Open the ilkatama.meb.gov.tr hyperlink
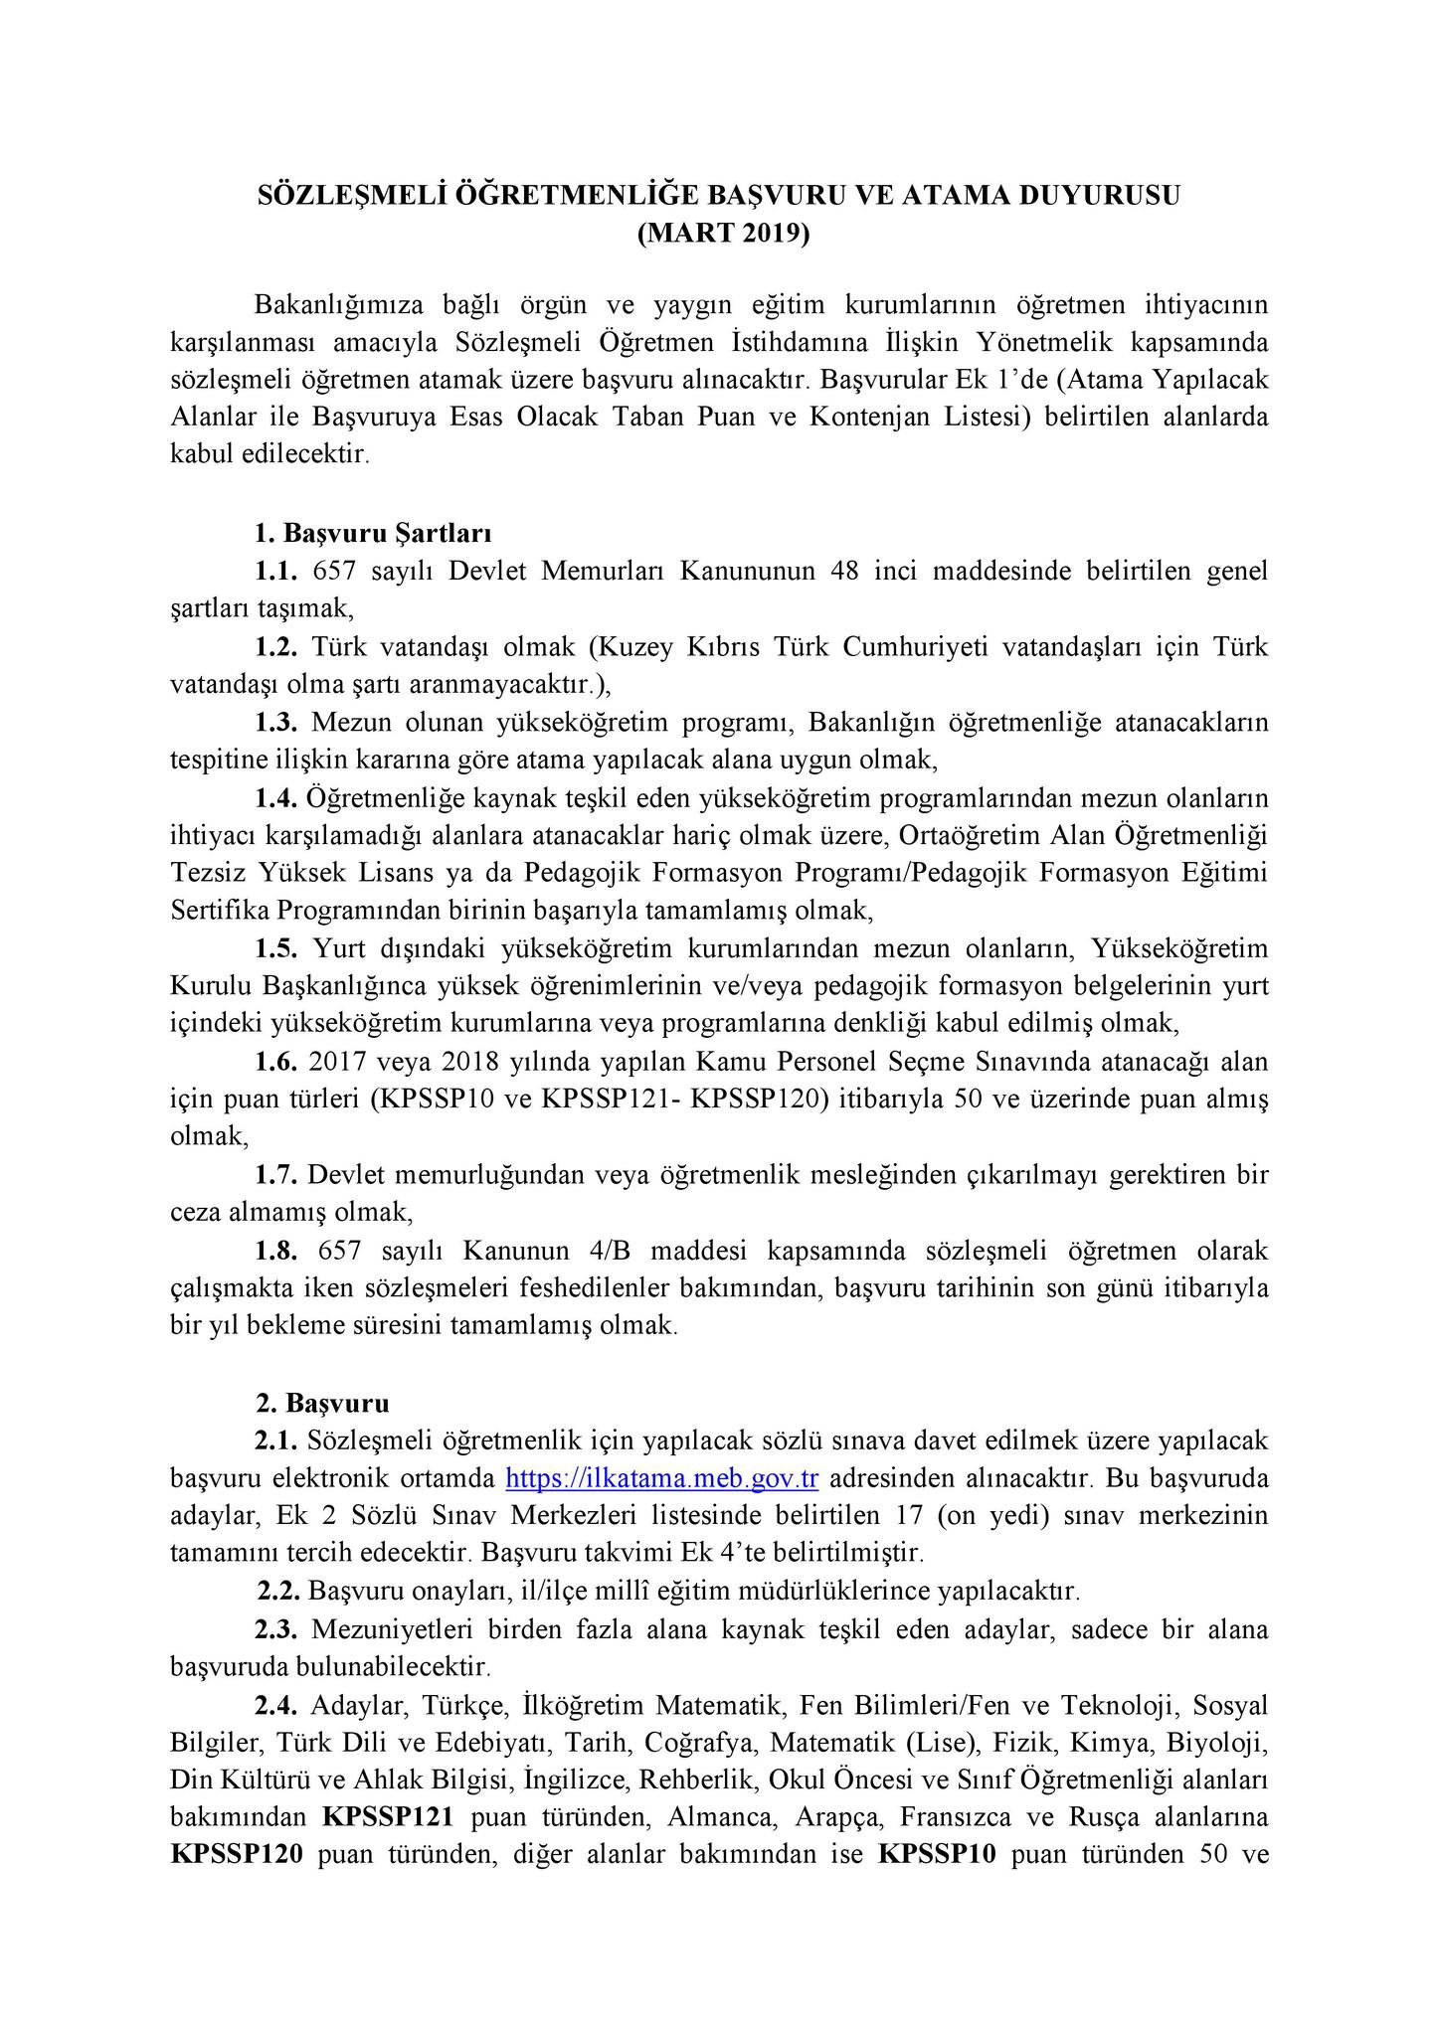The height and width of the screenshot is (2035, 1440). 661,1478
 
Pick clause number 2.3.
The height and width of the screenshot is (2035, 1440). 276,1629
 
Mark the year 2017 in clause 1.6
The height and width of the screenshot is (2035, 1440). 337,1062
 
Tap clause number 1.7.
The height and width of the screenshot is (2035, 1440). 276,1175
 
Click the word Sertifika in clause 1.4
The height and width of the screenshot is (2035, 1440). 220,911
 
